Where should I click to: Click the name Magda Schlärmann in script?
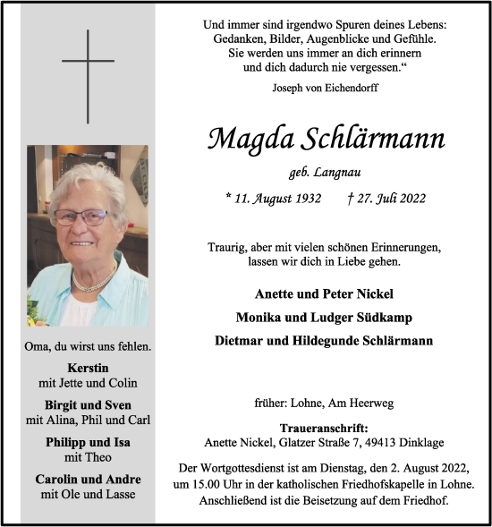pos(326,139)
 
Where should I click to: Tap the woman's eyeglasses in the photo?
pos(82,217)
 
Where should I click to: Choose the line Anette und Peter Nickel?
pos(325,293)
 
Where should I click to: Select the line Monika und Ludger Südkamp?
pos(325,317)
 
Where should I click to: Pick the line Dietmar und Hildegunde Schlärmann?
pos(325,340)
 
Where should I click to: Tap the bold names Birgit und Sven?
pos(88,405)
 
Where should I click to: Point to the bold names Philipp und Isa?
pos(88,442)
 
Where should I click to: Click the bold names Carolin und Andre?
pos(88,479)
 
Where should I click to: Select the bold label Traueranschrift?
pos(325,429)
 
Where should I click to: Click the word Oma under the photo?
pos(42,346)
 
